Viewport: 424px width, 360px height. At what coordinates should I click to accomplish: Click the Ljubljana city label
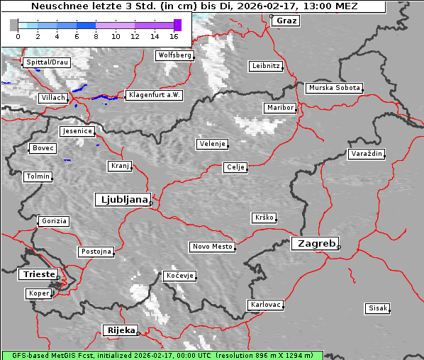pos(122,200)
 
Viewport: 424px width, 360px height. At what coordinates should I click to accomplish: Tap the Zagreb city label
pos(314,244)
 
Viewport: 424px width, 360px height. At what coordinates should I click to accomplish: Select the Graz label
pos(286,21)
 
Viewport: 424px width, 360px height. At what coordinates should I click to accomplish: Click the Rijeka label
pos(121,330)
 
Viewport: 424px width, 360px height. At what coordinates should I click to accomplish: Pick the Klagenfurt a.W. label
pos(154,95)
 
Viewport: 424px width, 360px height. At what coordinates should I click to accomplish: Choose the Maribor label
pos(279,108)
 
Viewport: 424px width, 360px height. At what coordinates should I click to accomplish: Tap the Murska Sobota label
pos(334,88)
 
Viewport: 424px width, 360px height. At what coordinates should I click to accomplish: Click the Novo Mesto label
pos(212,247)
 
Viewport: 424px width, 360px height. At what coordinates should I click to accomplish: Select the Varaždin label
pos(367,154)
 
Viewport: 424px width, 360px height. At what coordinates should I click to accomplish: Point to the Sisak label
pos(377,308)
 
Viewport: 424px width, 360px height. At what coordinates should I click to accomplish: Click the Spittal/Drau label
pos(47,62)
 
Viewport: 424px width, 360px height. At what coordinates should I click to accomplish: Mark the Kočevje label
pos(179,276)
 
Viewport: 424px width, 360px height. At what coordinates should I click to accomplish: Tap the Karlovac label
pos(266,305)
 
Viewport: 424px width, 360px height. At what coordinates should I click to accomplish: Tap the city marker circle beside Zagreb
pos(339,247)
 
